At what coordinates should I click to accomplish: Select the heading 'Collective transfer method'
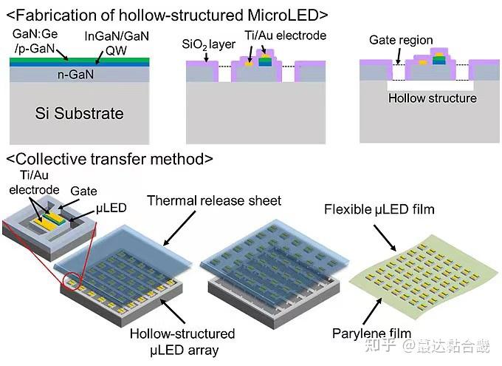coord(111,158)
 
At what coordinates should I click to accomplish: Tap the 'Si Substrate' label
coord(80,113)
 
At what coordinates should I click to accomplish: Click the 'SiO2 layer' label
coord(208,44)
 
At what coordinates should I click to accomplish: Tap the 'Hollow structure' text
coord(432,98)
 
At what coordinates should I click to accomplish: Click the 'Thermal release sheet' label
coord(214,200)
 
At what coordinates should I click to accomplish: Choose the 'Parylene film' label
coord(376,333)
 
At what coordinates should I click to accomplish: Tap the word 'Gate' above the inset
coord(83,191)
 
